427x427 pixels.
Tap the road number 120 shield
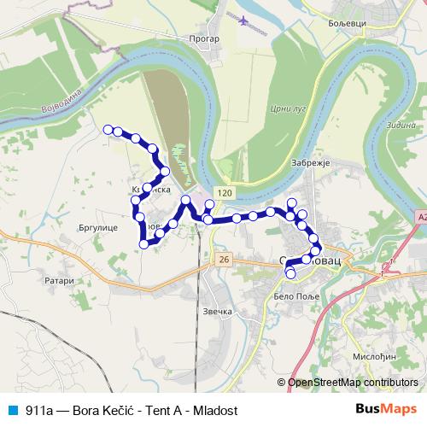tap(224, 195)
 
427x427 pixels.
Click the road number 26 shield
tap(224, 259)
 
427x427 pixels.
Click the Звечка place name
tap(218, 311)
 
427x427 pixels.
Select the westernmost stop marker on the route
tap(108, 129)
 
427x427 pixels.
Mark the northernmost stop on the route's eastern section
tap(292, 202)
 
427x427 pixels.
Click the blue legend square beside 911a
tap(9, 409)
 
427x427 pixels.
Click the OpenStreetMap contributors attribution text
tap(353, 383)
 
